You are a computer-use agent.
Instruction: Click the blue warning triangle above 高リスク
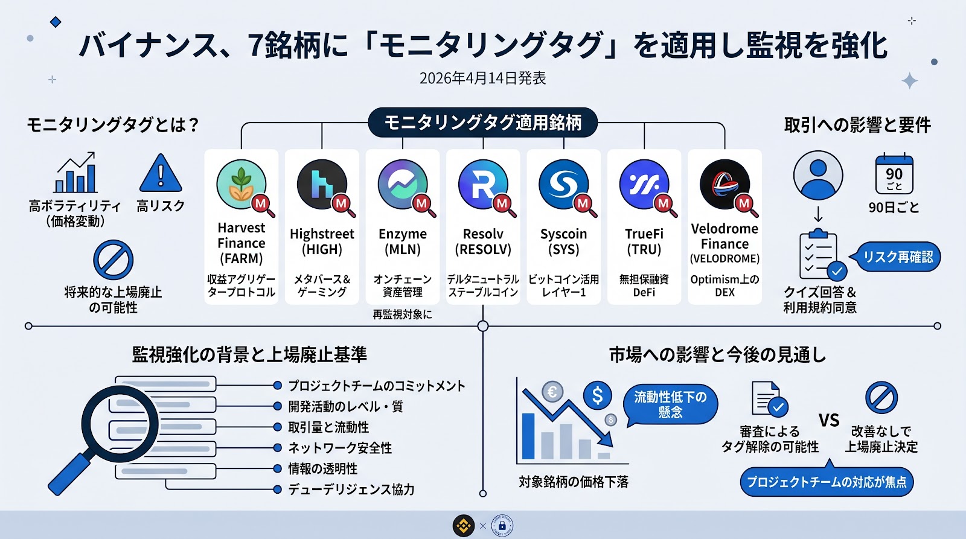click(161, 174)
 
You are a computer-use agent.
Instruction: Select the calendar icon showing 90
click(894, 174)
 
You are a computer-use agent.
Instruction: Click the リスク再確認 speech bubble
click(897, 257)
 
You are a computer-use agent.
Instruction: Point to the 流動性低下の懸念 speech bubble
click(670, 404)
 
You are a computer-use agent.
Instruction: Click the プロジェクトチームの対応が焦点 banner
click(827, 482)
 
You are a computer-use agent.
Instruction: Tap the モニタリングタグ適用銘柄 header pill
click(483, 123)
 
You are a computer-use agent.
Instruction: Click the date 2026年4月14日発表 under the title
click(483, 78)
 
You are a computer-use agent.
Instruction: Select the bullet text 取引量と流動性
click(328, 427)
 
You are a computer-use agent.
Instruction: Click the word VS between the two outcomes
click(829, 420)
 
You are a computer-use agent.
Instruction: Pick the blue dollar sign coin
click(597, 396)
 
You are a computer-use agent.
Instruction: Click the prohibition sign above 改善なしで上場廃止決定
click(881, 398)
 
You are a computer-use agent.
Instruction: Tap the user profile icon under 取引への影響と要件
click(818, 175)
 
